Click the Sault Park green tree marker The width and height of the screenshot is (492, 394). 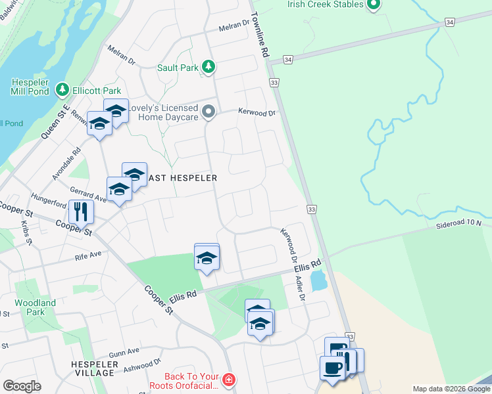pos(209,66)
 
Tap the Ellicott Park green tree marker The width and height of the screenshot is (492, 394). pos(62,89)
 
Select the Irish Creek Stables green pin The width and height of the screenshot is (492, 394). pos(374,5)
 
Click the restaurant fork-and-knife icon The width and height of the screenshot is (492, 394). pos(81,211)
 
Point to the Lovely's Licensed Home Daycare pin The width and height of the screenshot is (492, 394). pos(209,112)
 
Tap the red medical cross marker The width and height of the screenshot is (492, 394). pos(228,380)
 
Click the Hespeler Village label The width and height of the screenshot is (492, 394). pos(95,368)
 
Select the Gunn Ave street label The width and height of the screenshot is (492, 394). pos(124,353)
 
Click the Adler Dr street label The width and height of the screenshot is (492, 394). pos(301,288)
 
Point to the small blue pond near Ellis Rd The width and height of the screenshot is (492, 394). pos(318,281)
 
